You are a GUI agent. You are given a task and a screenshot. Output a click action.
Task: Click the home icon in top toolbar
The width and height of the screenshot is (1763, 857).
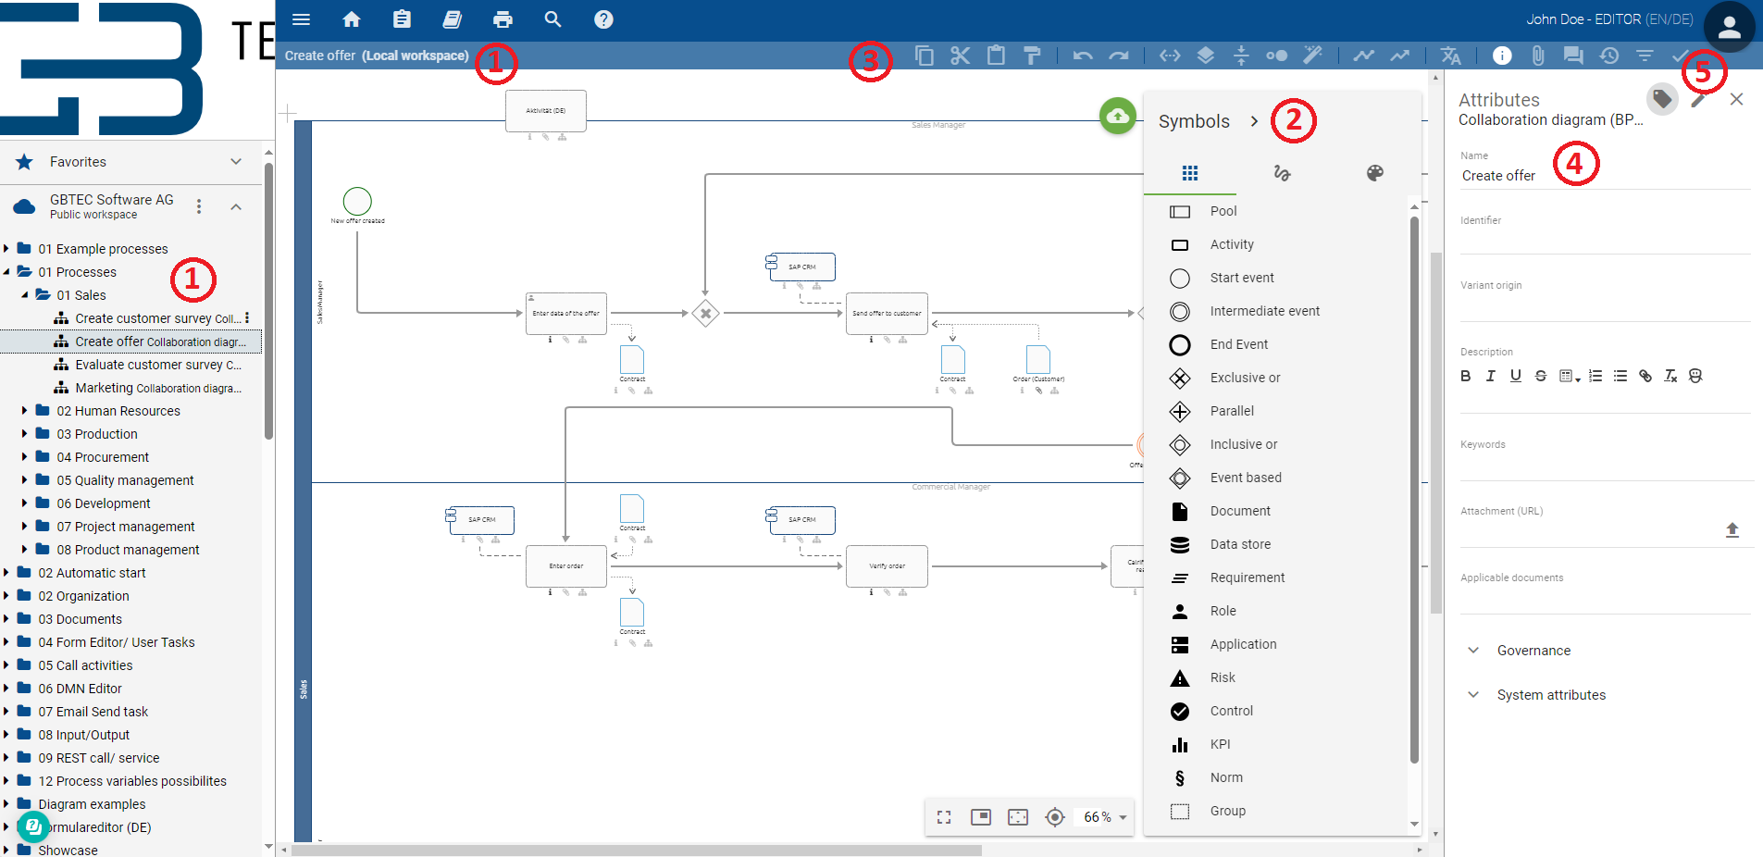pyautogui.click(x=351, y=19)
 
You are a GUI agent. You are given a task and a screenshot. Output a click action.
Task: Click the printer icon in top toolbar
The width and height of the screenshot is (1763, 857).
pyautogui.click(x=503, y=19)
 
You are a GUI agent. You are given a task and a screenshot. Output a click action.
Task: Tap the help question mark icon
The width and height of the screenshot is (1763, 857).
pyautogui.click(x=603, y=19)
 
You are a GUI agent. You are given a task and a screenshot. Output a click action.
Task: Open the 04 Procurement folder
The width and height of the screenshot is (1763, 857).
pyautogui.click(x=102, y=457)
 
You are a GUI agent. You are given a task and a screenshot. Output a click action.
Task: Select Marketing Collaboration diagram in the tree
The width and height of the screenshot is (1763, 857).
pyautogui.click(x=148, y=388)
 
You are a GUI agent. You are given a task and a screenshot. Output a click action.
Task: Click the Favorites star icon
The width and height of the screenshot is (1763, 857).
pyautogui.click(x=25, y=162)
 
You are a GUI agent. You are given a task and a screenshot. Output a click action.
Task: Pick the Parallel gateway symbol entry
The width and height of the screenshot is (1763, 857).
pyautogui.click(x=1231, y=411)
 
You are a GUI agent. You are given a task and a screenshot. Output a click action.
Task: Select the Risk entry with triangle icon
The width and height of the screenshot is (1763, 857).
pyautogui.click(x=1222, y=677)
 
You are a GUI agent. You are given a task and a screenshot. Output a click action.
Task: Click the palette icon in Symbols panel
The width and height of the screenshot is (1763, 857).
pyautogui.click(x=1374, y=173)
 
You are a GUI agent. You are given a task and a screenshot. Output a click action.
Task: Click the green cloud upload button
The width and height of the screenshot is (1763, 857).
pyautogui.click(x=1117, y=117)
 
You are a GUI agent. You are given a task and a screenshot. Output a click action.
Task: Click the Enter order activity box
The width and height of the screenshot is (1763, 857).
pyautogui.click(x=565, y=565)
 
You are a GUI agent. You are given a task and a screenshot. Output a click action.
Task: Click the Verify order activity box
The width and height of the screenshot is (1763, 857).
pyautogui.click(x=887, y=565)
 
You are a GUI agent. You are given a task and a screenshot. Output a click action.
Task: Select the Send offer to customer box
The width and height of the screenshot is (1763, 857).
pyautogui.click(x=887, y=314)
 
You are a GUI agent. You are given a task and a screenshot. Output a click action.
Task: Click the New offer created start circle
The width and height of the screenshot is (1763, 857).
pyautogui.click(x=357, y=201)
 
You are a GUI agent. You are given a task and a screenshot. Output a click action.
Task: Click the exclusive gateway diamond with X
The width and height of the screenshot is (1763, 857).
pyautogui.click(x=705, y=314)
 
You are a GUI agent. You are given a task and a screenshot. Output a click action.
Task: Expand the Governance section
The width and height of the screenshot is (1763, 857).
pyautogui.click(x=1533, y=651)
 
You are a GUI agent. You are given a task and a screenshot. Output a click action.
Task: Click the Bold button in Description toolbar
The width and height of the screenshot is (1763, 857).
pyautogui.click(x=1465, y=376)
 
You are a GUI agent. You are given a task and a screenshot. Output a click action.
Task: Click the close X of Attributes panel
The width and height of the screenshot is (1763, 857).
pyautogui.click(x=1736, y=99)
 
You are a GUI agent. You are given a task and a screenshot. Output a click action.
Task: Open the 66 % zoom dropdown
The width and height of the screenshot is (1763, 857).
pyautogui.click(x=1105, y=817)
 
